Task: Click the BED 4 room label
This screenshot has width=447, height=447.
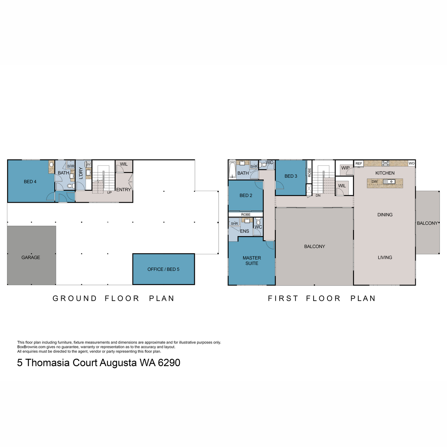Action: click(30, 182)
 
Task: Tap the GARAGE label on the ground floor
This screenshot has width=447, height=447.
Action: click(31, 257)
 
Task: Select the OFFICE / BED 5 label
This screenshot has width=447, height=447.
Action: click(163, 269)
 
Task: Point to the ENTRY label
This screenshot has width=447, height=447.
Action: click(123, 190)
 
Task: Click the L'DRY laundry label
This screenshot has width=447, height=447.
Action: click(81, 173)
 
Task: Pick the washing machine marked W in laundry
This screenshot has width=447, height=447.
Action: click(89, 164)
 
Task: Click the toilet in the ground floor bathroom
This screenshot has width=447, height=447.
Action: click(69, 186)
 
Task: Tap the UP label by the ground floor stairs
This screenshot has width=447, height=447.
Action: click(109, 193)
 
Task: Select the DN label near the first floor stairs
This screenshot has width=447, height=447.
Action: click(318, 195)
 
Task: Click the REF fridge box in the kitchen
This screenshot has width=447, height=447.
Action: click(359, 164)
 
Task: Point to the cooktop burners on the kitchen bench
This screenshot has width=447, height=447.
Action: click(386, 163)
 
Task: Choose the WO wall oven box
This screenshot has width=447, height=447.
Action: click(411, 164)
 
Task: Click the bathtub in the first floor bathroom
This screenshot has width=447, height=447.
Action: click(232, 170)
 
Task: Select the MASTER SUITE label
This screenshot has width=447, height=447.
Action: click(252, 260)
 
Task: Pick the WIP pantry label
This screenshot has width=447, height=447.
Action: click(345, 168)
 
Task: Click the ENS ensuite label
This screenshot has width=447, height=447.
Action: click(244, 231)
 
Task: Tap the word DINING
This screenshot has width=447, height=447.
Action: click(385, 215)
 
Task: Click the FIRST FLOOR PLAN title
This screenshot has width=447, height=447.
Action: click(322, 298)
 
